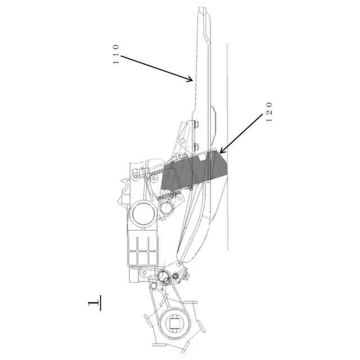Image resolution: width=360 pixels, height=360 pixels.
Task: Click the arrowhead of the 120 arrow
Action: tap(220, 152)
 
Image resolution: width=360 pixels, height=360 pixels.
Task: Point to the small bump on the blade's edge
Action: tap(214, 112)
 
